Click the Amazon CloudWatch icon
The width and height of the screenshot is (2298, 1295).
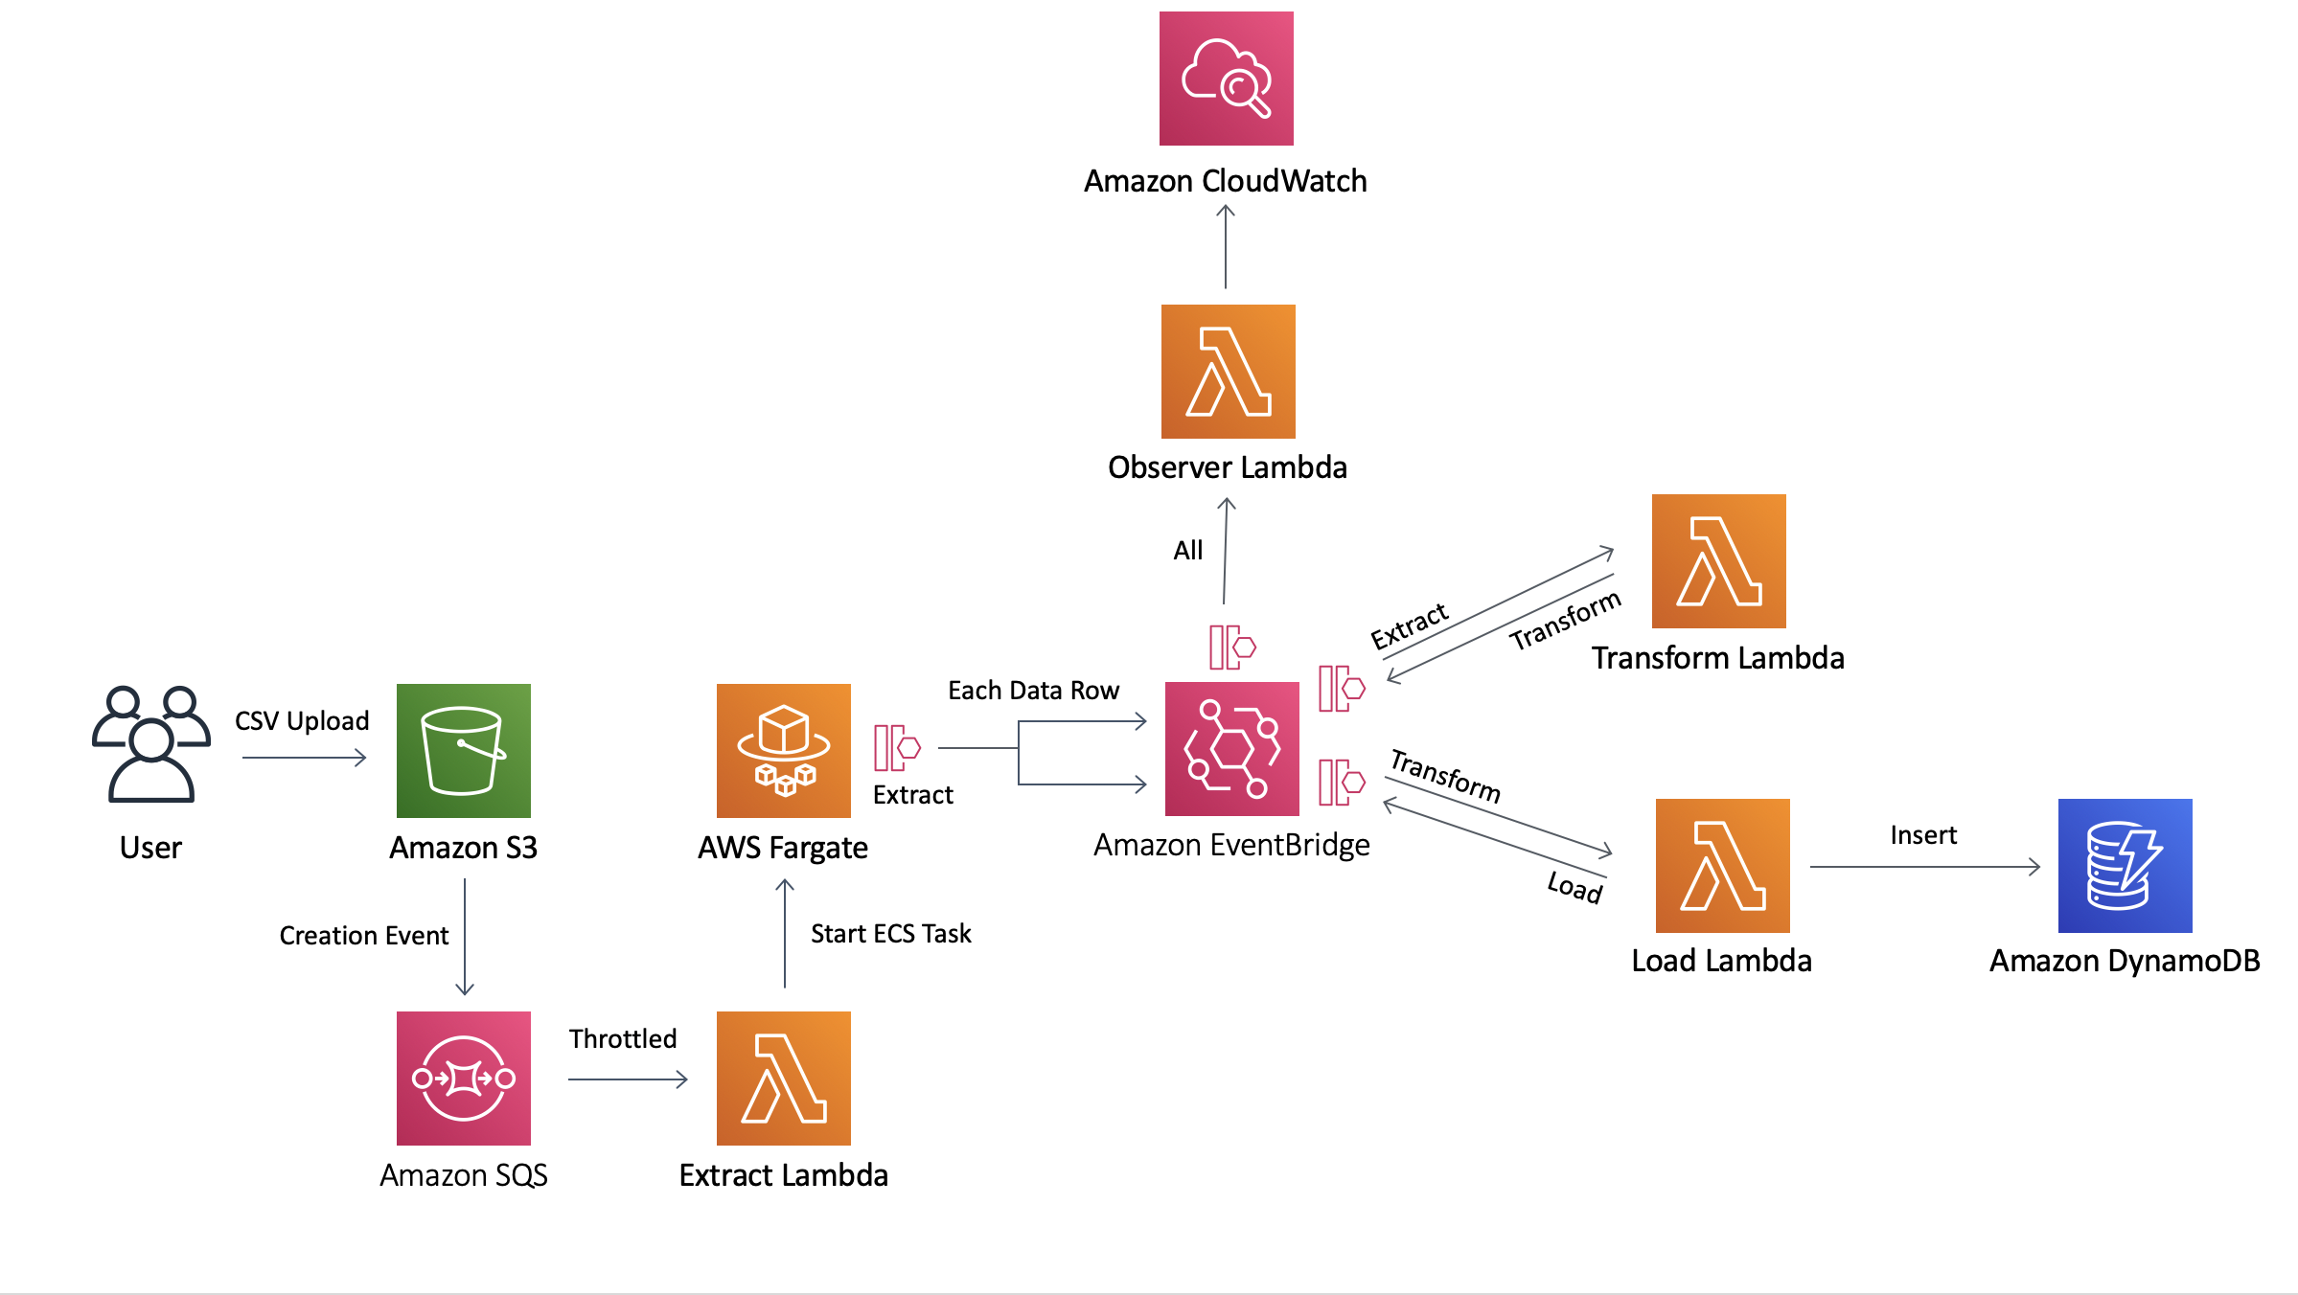coord(1226,79)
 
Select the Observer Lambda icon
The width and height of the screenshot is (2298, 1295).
coord(1228,372)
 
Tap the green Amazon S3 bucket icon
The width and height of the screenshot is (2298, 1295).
coord(463,751)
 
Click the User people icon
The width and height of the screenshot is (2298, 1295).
coord(150,744)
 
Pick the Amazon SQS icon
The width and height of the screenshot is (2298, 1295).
coord(463,1079)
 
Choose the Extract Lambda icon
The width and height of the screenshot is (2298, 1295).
coord(783,1079)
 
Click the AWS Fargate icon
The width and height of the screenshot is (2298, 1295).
coord(783,751)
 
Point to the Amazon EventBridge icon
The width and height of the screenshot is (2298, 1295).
coord(1231,749)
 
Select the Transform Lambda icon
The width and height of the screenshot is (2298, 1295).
coord(1718,561)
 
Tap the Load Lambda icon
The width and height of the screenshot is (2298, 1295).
coord(1722,866)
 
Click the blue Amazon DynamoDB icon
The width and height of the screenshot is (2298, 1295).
coord(2125,866)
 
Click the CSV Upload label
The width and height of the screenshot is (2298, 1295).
coord(302,721)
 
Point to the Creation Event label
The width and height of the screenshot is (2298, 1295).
coord(363,936)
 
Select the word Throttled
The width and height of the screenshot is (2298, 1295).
coord(623,1039)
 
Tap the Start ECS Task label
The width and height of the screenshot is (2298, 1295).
coord(890,934)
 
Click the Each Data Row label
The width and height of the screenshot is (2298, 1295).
coord(1033,691)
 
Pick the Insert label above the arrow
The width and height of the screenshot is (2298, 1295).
coord(1923,835)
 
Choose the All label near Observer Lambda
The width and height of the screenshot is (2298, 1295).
coord(1187,551)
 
